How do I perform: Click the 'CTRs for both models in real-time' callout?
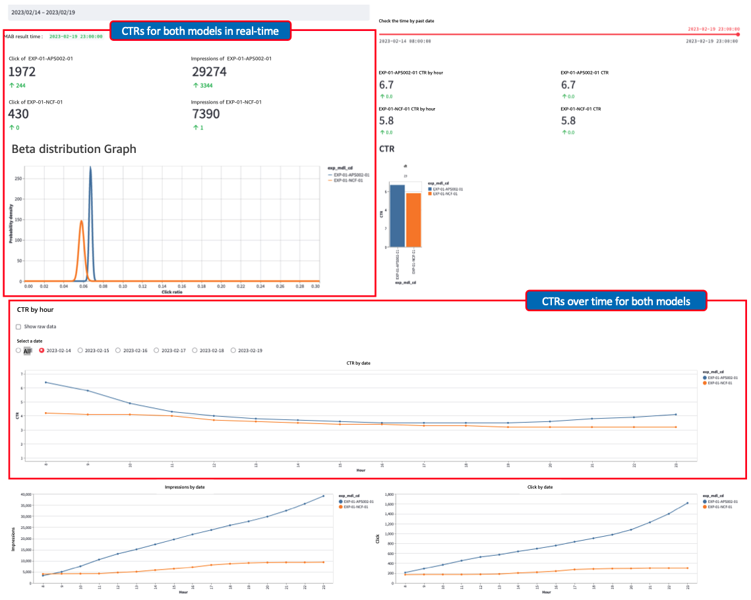coord(200,30)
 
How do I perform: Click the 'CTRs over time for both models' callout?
coord(616,301)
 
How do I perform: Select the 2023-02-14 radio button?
coord(43,351)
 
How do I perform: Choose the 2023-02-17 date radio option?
coord(157,351)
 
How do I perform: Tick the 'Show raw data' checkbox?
coord(18,326)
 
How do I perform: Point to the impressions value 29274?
coord(209,72)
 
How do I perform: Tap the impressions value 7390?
coord(205,114)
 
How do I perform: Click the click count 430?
coord(18,114)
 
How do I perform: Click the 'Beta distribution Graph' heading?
coord(74,149)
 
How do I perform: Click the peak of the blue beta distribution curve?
coord(90,169)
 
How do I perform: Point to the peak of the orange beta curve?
coord(81,222)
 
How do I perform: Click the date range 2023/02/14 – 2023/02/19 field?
coord(187,13)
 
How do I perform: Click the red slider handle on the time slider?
coord(738,34)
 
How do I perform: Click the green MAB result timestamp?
coord(76,36)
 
